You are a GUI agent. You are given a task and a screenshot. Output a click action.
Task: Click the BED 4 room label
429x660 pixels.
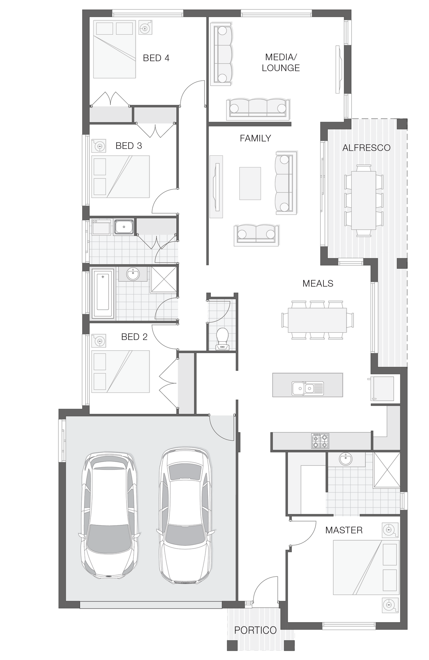click(156, 58)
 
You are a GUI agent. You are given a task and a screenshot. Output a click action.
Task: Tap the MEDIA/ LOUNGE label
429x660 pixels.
click(281, 63)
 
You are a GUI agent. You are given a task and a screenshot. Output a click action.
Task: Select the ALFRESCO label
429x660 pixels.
click(366, 148)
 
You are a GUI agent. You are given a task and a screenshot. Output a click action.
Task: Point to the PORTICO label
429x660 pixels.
click(255, 630)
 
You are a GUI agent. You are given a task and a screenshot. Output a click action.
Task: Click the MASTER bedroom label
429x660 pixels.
click(344, 530)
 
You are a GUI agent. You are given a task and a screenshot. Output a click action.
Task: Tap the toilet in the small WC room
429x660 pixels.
click(222, 339)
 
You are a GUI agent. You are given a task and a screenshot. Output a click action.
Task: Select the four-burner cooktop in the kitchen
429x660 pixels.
click(320, 441)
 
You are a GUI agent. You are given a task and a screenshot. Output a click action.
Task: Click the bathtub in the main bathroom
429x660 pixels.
click(103, 294)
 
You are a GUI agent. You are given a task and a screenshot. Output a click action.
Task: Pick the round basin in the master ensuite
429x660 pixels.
click(345, 459)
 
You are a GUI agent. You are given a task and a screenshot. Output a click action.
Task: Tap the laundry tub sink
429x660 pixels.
click(124, 227)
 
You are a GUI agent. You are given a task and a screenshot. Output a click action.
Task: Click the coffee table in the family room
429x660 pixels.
click(250, 183)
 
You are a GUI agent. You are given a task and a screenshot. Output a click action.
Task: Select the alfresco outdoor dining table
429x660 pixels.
click(363, 200)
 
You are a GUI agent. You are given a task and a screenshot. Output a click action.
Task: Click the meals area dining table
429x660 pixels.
click(317, 320)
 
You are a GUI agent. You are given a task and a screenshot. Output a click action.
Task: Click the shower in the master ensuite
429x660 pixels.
click(387, 470)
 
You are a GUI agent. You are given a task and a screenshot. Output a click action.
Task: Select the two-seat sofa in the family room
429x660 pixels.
click(256, 235)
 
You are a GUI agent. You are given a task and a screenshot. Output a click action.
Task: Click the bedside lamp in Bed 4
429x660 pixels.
click(145, 27)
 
